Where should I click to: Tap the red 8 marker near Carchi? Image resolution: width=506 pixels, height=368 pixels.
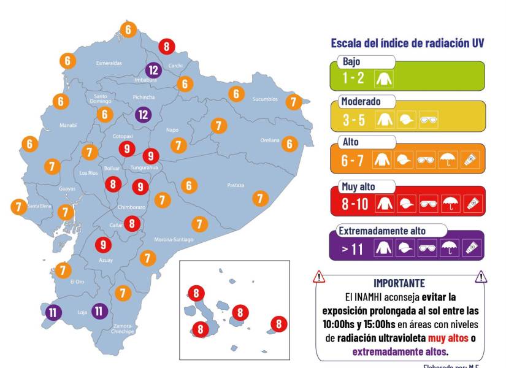(x=166, y=46)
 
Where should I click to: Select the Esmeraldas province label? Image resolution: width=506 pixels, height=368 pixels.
(x=109, y=63)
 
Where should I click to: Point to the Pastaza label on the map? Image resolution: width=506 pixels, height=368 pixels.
(x=236, y=185)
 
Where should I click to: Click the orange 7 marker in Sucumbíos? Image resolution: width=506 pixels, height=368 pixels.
(x=294, y=102)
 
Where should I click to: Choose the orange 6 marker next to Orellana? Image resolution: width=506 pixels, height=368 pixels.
(x=289, y=144)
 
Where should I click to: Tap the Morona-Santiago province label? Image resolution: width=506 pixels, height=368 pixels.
(x=174, y=239)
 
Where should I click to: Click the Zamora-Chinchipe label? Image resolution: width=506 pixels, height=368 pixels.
(x=123, y=329)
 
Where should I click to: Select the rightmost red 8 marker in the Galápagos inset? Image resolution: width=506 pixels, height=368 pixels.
(x=279, y=323)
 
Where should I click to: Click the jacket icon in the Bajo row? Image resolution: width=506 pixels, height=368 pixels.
(x=385, y=79)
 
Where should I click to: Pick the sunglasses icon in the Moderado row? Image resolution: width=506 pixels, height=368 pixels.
(x=428, y=120)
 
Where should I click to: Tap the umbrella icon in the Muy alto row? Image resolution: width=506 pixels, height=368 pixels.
(x=450, y=203)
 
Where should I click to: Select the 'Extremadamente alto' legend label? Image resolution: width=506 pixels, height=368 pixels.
(x=382, y=231)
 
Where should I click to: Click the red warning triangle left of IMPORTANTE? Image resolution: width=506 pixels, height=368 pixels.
(x=319, y=277)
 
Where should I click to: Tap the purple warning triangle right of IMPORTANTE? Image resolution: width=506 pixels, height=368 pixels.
(x=481, y=277)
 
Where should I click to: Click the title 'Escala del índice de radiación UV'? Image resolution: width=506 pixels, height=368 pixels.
(x=408, y=43)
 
